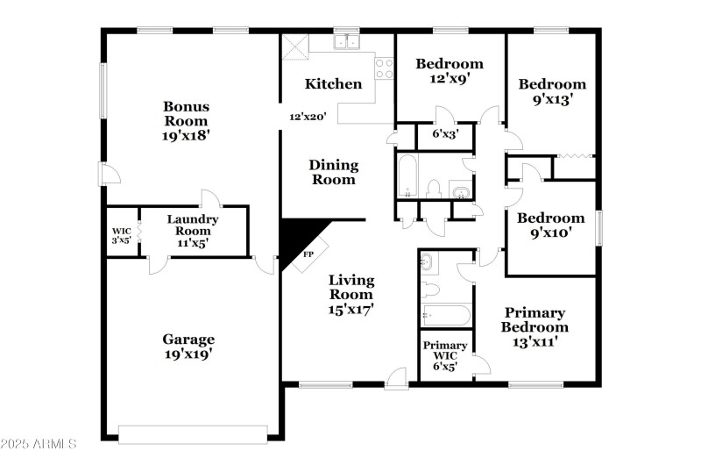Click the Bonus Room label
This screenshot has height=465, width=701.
coord(187,113)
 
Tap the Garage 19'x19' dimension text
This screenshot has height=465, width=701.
coord(188,354)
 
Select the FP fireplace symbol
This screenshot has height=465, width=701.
coord(308,254)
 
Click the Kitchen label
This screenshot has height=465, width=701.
coord(333,84)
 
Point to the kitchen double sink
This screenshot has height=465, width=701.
coord(348,42)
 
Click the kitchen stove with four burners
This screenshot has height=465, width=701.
coord(384,68)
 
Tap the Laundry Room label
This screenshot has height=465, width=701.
coord(193,225)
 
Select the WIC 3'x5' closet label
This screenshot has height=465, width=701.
coord(120,235)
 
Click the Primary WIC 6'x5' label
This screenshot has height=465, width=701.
coord(445,350)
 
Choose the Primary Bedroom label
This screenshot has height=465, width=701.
coord(534,319)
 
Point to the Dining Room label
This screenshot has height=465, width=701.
coord(334,172)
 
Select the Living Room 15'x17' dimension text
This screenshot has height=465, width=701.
coord(351,309)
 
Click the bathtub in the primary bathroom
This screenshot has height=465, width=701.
coord(446,314)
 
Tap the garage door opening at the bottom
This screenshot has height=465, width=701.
coord(193,434)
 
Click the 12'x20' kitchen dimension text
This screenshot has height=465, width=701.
coord(308,116)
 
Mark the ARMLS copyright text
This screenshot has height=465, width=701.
coord(39,444)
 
